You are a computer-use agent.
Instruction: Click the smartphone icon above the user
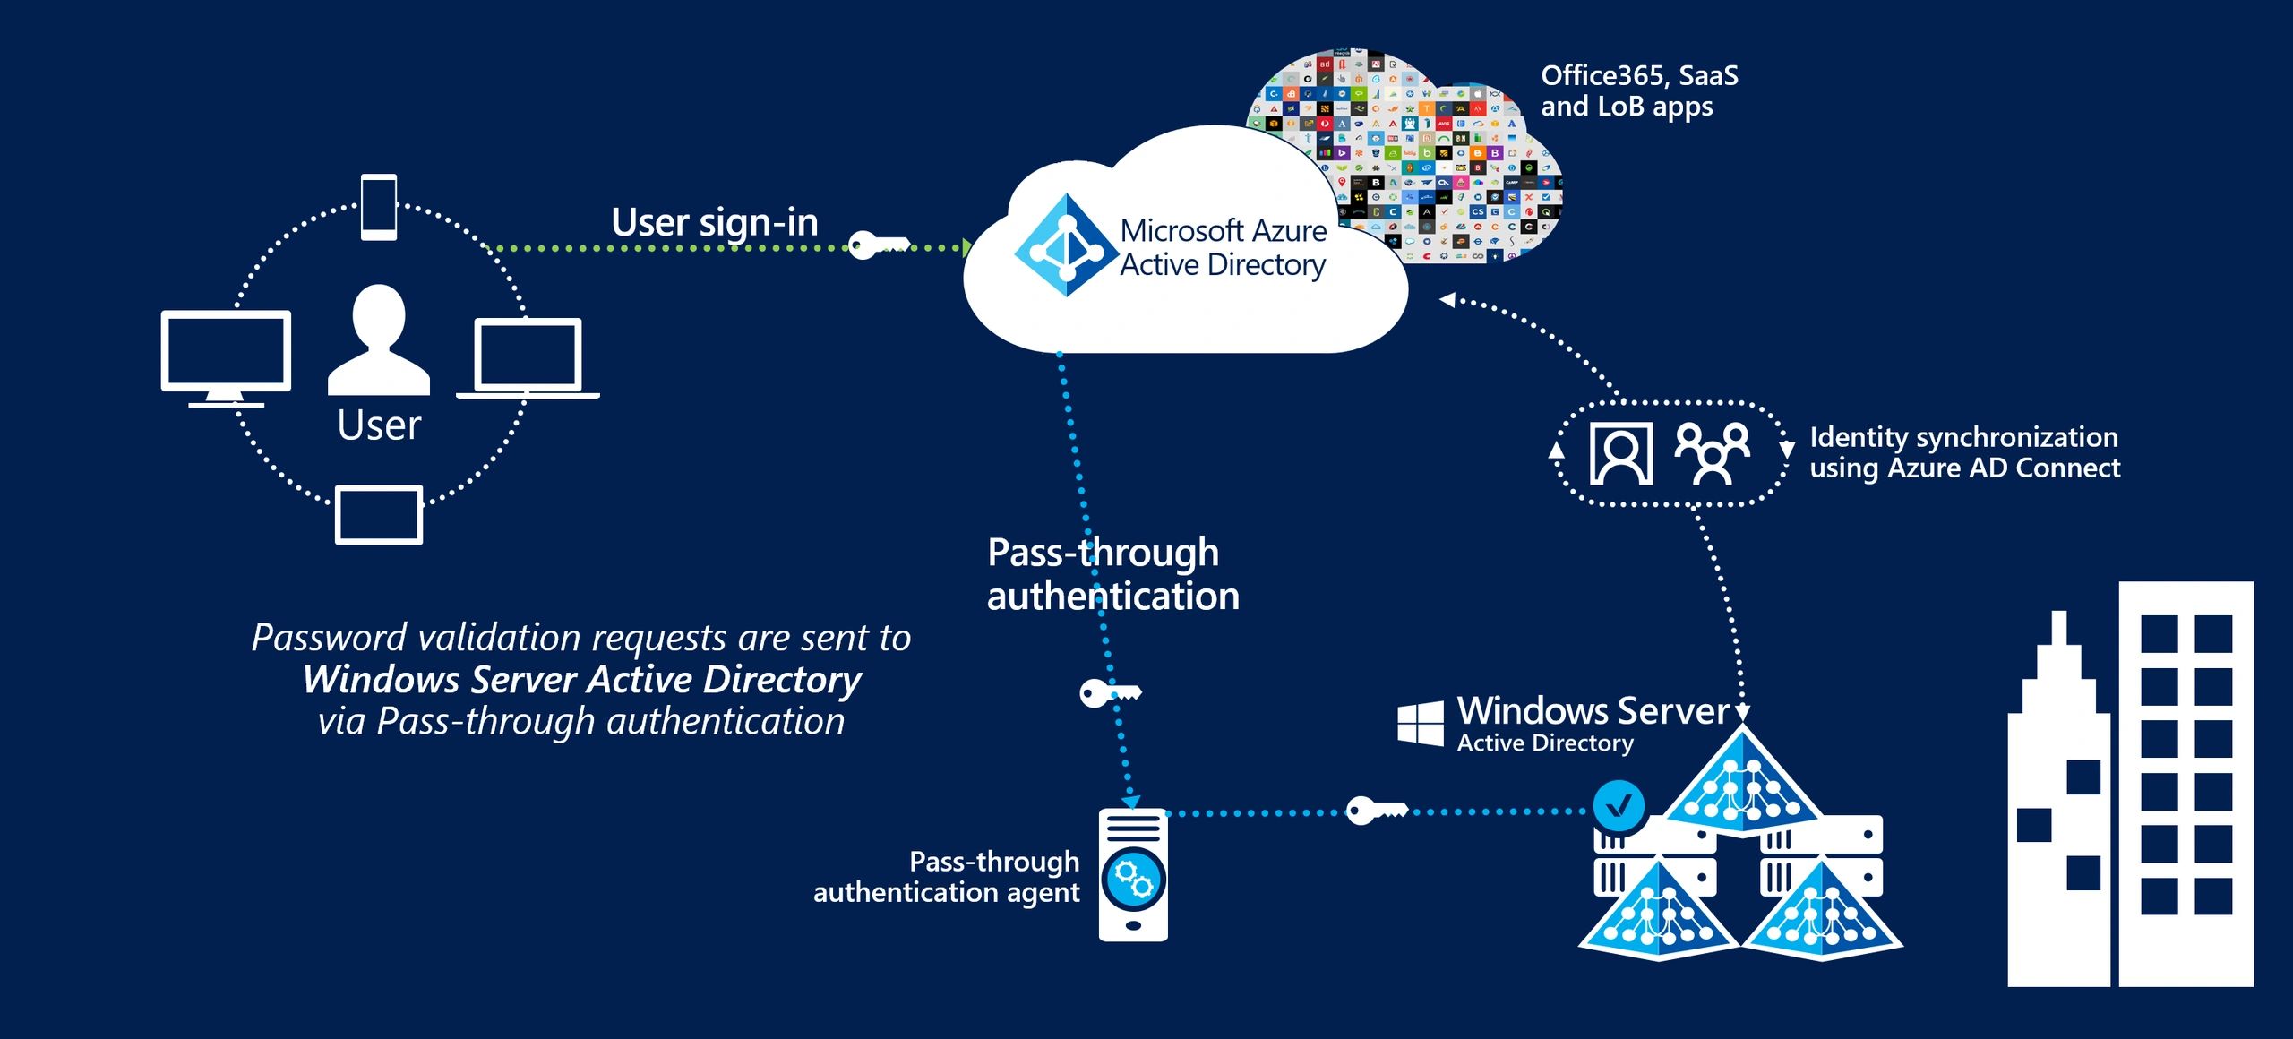[379, 207]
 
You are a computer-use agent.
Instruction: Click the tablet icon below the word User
[379, 514]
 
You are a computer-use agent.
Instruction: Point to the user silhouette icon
[379, 340]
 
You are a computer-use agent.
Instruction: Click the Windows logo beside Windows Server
[1421, 724]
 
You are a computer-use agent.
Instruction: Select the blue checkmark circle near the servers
[1619, 805]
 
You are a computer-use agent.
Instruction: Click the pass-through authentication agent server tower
[1133, 875]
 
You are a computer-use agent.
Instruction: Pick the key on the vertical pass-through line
[1108, 693]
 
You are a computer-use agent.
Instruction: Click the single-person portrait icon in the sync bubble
[1620, 454]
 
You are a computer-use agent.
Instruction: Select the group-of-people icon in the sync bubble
[1712, 453]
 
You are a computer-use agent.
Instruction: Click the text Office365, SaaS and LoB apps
[1638, 90]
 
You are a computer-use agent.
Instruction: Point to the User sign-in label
[714, 222]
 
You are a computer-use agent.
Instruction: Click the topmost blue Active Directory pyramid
[1741, 781]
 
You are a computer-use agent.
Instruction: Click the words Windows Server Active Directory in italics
[582, 679]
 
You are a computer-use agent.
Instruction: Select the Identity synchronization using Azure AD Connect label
[1964, 452]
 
